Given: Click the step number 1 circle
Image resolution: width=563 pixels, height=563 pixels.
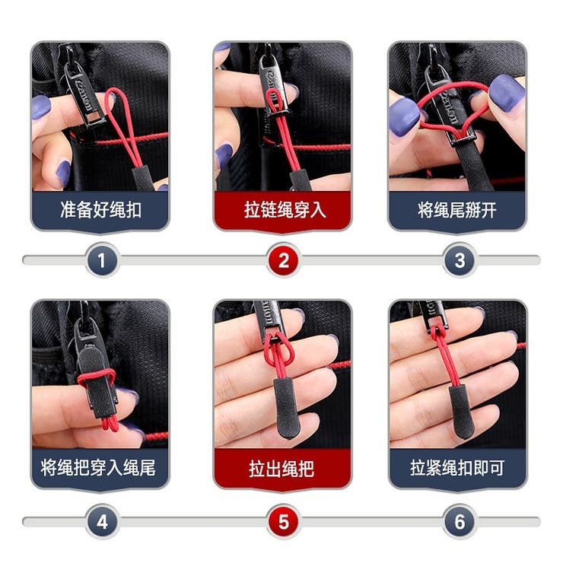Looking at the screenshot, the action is click(102, 260).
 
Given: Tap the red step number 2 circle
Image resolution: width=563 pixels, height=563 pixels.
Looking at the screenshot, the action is click(283, 260).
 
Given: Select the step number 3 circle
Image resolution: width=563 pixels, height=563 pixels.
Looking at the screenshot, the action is click(460, 260).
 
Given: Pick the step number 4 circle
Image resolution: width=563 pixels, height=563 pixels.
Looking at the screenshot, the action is click(102, 521).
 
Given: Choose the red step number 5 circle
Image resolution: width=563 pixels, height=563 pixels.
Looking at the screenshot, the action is click(283, 521).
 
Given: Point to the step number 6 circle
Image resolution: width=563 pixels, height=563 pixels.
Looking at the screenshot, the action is click(460, 521).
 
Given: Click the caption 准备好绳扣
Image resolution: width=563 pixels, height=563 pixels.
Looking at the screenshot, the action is click(100, 210).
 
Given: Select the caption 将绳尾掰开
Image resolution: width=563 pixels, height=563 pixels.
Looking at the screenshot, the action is click(457, 210).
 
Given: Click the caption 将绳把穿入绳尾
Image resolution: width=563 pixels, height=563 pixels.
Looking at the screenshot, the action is click(98, 467).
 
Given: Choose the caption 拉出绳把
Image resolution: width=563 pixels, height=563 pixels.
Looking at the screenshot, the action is click(281, 468).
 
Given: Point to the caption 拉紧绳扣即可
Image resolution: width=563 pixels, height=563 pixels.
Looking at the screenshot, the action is click(457, 467).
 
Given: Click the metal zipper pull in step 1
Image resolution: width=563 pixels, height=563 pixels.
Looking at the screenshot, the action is click(84, 94).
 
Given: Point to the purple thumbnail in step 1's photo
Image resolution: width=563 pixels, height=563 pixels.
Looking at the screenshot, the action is click(41, 107).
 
